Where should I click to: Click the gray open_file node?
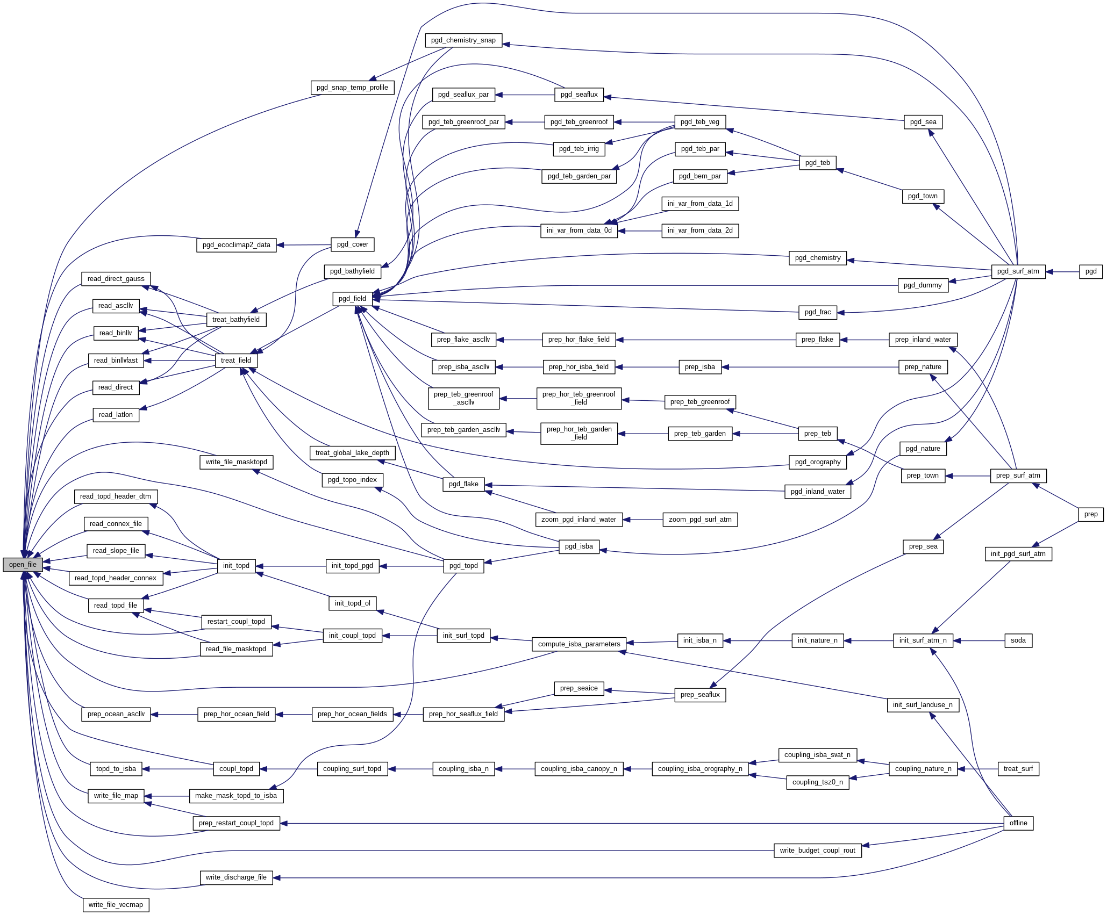[23, 565]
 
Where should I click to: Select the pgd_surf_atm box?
[1018, 271]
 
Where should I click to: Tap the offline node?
[1018, 823]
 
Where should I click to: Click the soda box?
[1018, 640]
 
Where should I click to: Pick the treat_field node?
[236, 361]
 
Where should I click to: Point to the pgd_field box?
[352, 299]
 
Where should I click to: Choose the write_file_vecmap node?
[116, 905]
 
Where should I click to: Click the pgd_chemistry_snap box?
[463, 40]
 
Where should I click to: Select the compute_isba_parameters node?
[579, 644]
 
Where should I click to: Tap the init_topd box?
[236, 566]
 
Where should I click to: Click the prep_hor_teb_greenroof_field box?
[579, 398]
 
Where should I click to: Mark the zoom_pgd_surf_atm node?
[699, 520]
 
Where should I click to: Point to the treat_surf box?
[1018, 769]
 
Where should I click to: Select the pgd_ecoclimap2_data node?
[236, 245]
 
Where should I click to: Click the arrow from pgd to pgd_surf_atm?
[1062, 272]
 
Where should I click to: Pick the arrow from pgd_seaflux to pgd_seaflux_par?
[524, 95]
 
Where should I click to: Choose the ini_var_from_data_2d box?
[699, 230]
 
